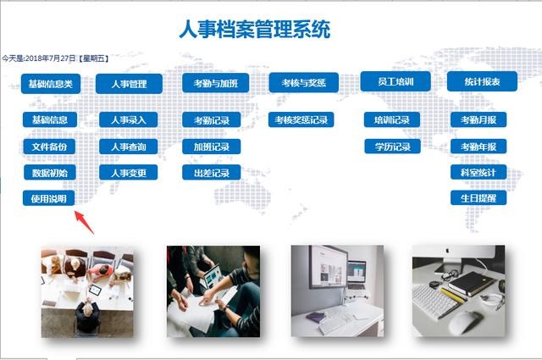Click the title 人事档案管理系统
(254, 29)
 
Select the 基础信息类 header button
(50, 83)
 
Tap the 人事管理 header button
(128, 84)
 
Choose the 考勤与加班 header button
(216, 83)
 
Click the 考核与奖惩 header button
(303, 83)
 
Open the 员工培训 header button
(395, 81)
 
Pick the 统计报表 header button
(482, 82)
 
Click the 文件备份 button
(49, 147)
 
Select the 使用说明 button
(49, 199)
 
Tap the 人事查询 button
(128, 147)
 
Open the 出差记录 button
(211, 173)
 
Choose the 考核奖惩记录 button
(301, 120)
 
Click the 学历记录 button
(392, 147)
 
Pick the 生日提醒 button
(478, 198)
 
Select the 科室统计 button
(478, 172)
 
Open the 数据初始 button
(49, 173)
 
